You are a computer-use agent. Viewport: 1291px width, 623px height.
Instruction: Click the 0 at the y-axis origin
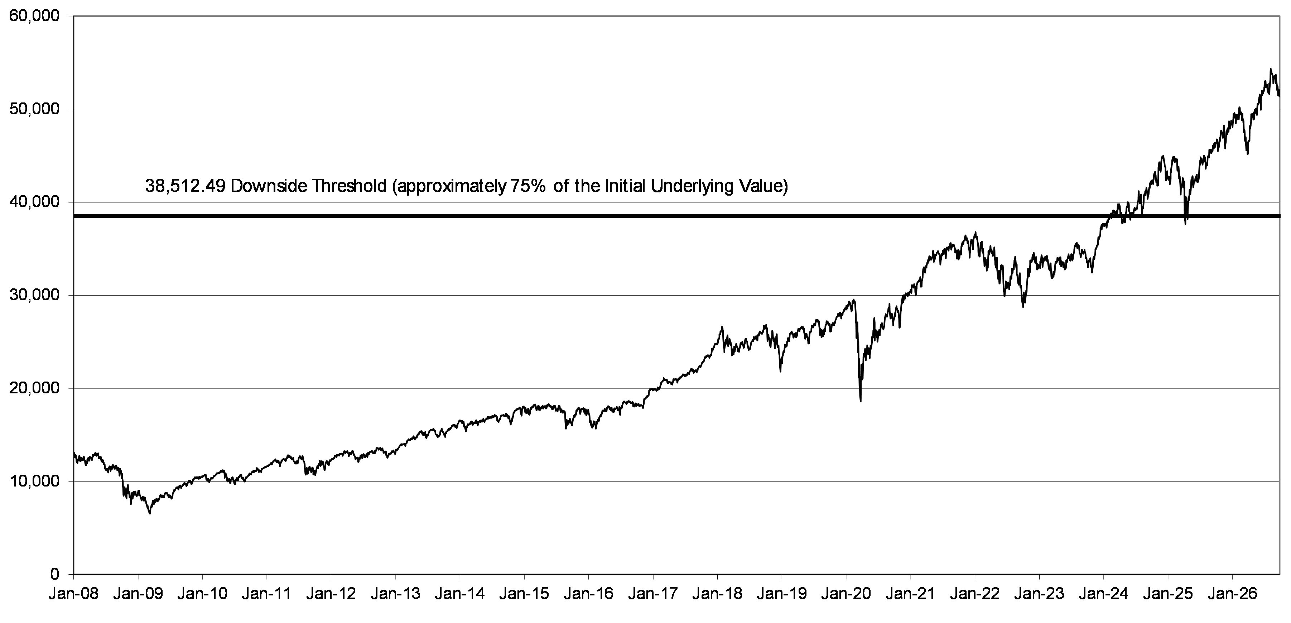[55, 574]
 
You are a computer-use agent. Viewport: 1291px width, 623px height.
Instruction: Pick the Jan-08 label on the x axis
[74, 594]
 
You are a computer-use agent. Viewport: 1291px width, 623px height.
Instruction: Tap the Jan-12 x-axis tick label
[331, 594]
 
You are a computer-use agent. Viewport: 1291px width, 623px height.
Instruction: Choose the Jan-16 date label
[588, 594]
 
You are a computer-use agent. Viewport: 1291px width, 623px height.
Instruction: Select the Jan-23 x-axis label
[1039, 594]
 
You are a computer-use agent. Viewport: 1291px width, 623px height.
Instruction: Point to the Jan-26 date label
[1232, 594]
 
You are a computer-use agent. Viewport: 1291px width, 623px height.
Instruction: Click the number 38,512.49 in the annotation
[185, 186]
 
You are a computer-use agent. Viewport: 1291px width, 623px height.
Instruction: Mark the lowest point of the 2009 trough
[149, 513]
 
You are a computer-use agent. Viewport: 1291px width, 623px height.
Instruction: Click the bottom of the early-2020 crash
[861, 401]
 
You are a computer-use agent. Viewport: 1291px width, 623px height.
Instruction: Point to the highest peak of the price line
[1266, 69]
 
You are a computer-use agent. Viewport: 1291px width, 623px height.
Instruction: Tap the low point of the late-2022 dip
[1023, 306]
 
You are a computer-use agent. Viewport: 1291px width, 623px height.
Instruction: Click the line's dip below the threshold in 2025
[1185, 224]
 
